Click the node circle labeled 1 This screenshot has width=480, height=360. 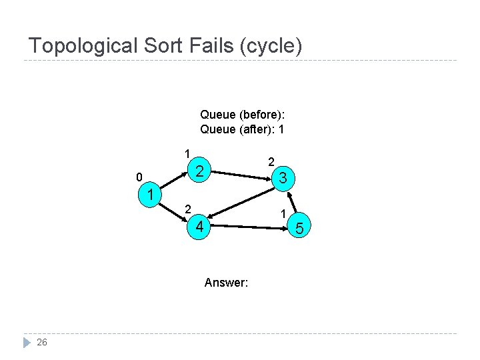click(x=151, y=195)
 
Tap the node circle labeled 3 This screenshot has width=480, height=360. click(x=283, y=178)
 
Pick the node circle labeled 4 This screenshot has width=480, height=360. click(x=199, y=227)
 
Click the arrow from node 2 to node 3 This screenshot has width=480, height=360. click(x=241, y=175)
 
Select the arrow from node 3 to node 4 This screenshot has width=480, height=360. click(x=241, y=203)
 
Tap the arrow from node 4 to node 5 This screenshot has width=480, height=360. click(x=248, y=227)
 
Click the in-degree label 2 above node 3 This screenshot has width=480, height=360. click(x=271, y=161)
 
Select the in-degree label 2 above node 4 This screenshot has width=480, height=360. click(x=188, y=209)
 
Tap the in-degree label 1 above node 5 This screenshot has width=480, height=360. click(x=283, y=213)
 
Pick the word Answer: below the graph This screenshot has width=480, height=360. click(x=226, y=283)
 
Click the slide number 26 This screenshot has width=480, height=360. click(x=42, y=342)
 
